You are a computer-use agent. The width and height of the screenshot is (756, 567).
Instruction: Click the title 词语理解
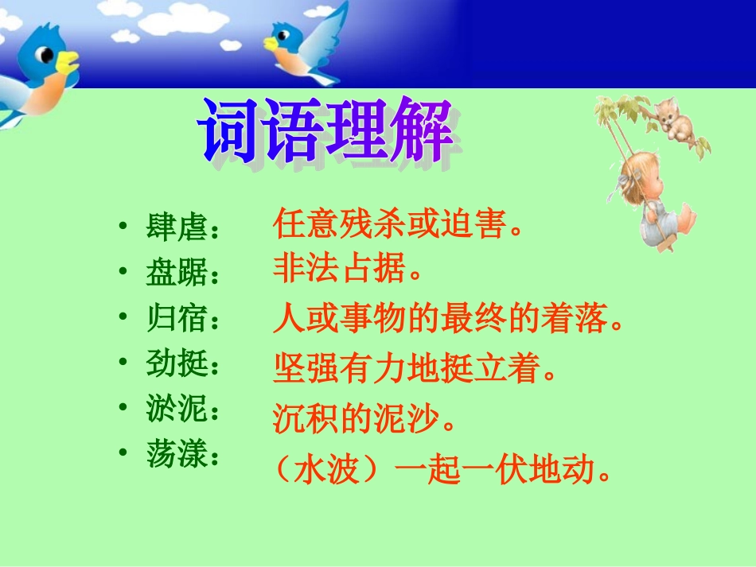click(x=327, y=130)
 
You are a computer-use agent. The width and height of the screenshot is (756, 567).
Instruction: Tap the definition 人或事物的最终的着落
click(x=446, y=321)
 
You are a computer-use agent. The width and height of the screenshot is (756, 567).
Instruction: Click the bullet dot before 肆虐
click(x=122, y=227)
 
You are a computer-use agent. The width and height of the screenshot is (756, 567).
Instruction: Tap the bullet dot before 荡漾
click(x=122, y=452)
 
